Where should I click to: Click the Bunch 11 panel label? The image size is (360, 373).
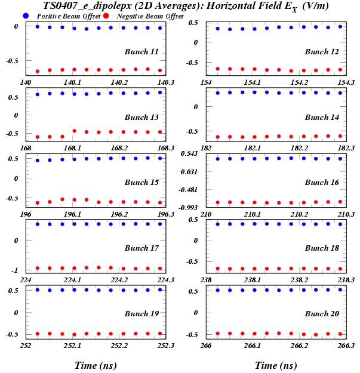tap(141, 51)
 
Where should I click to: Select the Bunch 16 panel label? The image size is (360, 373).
tap(322, 182)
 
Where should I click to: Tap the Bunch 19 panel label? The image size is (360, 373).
tap(141, 313)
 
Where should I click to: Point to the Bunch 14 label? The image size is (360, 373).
tap(322, 117)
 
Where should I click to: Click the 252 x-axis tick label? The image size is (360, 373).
tap(26, 346)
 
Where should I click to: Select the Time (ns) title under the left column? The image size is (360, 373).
tap(95, 365)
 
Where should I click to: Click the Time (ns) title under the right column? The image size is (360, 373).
tap(275, 365)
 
